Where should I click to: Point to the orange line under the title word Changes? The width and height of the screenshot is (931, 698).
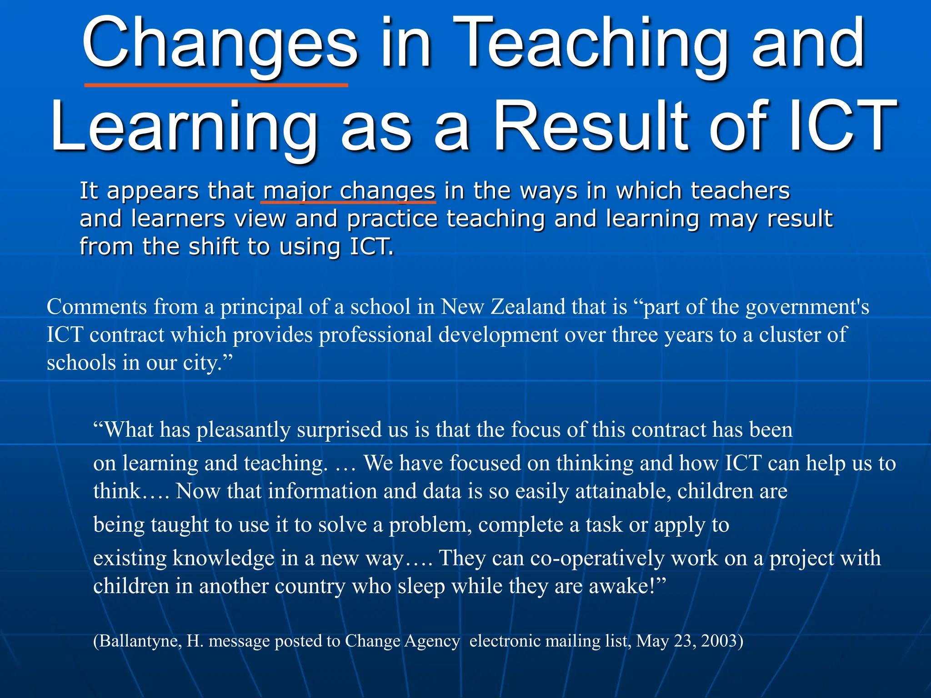[x=216, y=85]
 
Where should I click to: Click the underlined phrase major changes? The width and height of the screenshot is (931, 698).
[x=349, y=191]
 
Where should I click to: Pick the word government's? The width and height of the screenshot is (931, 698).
[x=807, y=307]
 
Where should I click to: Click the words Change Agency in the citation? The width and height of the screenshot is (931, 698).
[x=402, y=641]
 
